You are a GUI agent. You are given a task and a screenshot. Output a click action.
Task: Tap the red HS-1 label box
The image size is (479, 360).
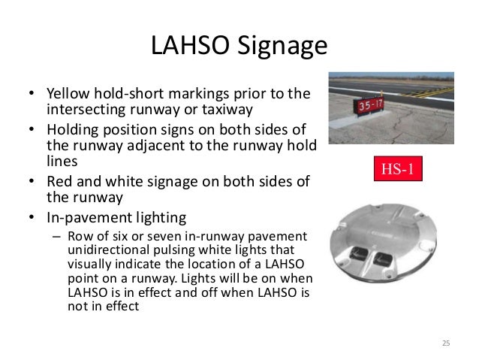(397, 168)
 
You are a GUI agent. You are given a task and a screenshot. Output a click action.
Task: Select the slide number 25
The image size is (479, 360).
(445, 343)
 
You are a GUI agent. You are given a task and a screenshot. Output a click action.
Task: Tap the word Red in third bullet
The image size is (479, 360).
(60, 183)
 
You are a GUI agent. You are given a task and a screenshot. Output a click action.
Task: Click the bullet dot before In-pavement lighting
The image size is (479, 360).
(32, 218)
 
